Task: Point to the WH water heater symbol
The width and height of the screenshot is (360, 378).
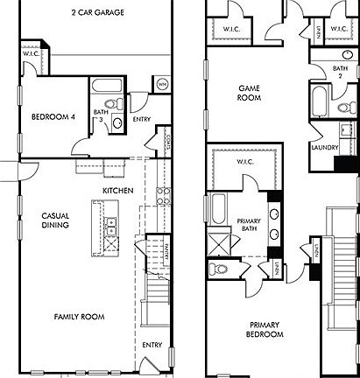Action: click(162, 84)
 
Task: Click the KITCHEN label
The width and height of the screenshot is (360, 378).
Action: click(117, 190)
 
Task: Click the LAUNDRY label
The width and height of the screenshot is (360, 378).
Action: click(324, 148)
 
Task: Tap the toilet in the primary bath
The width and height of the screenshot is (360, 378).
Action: click(221, 269)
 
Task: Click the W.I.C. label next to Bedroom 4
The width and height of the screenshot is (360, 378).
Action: click(29, 54)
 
